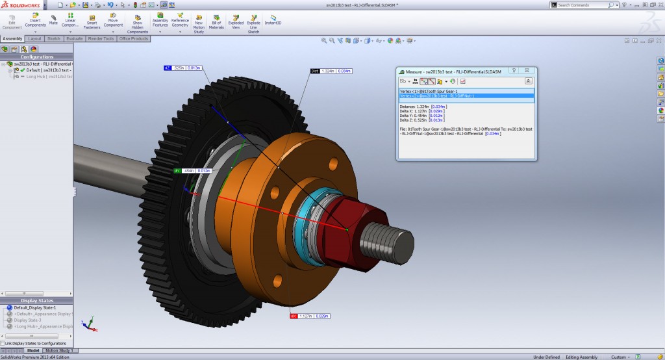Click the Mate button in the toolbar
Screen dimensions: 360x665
click(53, 19)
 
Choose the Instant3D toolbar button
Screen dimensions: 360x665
click(272, 22)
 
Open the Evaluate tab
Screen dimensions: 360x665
click(74, 39)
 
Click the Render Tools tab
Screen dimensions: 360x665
click(101, 39)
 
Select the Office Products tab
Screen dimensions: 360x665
click(134, 39)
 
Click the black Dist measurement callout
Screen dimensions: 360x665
click(331, 71)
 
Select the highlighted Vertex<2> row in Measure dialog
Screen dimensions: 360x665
click(466, 96)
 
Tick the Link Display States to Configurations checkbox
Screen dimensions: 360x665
click(3, 343)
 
